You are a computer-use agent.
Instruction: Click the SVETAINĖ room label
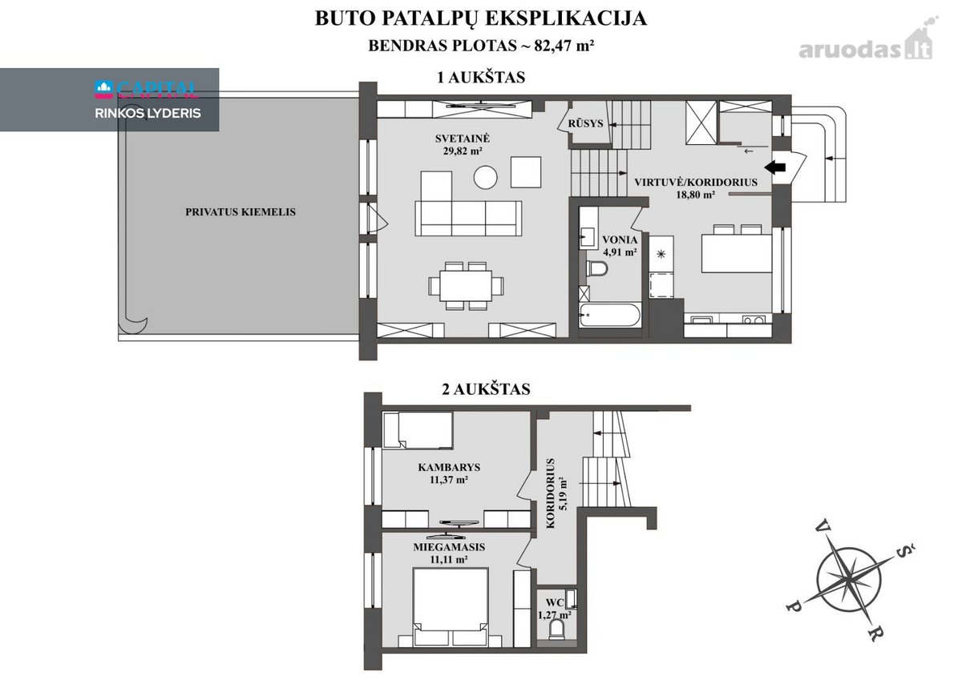[x=462, y=139]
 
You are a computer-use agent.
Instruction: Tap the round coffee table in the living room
[x=485, y=177]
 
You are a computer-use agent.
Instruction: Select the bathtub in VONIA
[x=609, y=316]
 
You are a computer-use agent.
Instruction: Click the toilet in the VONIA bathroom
[x=596, y=269]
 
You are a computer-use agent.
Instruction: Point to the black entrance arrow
[x=775, y=167]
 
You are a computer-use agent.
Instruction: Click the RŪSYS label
[x=586, y=123]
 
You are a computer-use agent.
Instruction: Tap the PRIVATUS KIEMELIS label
[x=240, y=212]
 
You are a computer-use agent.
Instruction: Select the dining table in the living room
[x=466, y=286]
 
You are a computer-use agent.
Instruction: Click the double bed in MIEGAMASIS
[x=450, y=606]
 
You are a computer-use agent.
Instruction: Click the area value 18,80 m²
[x=696, y=195]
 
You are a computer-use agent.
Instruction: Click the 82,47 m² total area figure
[x=564, y=46]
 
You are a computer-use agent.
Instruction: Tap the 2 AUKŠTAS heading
[x=486, y=389]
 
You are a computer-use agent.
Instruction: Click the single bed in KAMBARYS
[x=418, y=430]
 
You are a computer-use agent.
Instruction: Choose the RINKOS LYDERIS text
[x=148, y=113]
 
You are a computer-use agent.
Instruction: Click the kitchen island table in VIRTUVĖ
[x=737, y=252]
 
